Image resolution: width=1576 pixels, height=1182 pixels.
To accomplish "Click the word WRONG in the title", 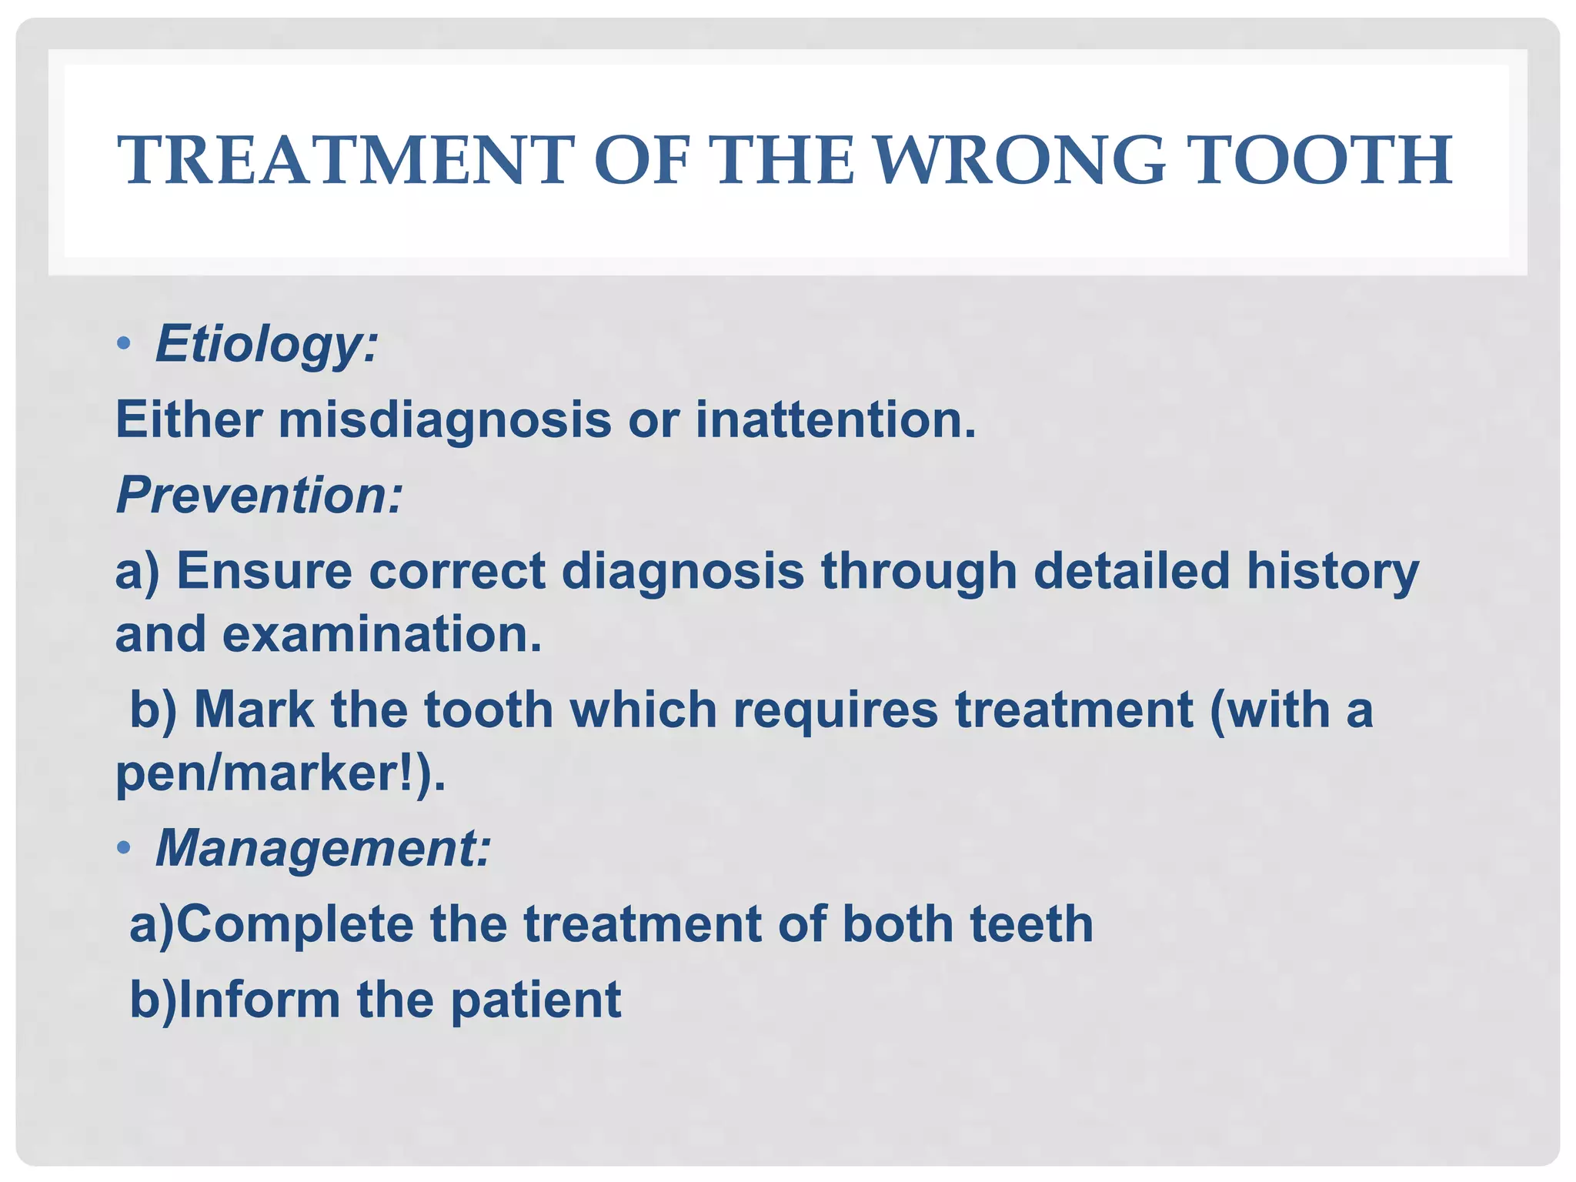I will click(x=1020, y=161).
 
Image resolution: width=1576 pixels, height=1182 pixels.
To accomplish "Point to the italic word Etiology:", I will click(x=266, y=344).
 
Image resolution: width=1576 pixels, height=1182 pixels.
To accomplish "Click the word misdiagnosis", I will click(x=445, y=420).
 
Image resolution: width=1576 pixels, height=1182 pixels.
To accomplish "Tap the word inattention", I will click(x=836, y=420).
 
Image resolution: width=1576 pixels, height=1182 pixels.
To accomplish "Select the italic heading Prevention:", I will click(x=259, y=495).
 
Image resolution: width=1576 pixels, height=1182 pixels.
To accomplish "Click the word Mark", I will click(x=254, y=709).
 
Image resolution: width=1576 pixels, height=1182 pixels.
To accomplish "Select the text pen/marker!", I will click(x=274, y=773).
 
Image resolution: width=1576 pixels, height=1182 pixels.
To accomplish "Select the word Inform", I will click(x=259, y=1000).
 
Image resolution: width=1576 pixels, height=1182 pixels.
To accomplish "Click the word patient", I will click(x=536, y=1001).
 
